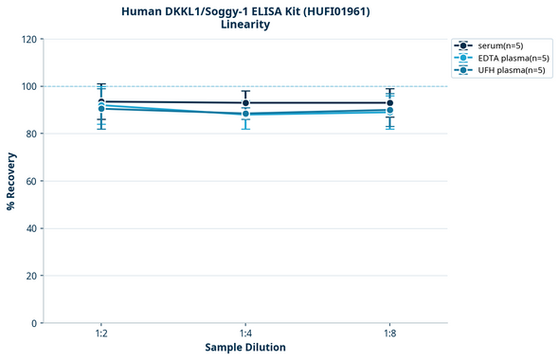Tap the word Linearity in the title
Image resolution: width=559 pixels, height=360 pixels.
tap(244, 25)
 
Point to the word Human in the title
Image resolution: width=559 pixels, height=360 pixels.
tap(142, 11)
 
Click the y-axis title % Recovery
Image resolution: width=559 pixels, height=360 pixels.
tap(11, 181)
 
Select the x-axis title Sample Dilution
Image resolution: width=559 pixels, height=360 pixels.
tap(245, 348)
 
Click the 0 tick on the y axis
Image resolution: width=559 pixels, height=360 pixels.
tap(33, 323)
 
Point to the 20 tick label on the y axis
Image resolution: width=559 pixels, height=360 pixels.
tap(30, 276)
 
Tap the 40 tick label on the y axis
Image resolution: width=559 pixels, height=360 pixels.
tap(30, 228)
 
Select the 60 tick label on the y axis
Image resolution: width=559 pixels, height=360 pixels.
tap(30, 181)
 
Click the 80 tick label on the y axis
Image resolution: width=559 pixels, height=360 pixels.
tap(30, 134)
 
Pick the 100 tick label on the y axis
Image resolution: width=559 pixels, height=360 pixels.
tap(28, 86)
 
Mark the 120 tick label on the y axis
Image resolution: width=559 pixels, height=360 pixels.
tap(28, 39)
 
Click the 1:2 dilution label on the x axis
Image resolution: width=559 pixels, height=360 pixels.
tap(101, 334)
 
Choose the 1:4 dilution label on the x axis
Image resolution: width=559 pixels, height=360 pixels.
tap(245, 334)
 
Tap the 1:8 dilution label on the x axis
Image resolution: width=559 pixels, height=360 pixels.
tap(389, 334)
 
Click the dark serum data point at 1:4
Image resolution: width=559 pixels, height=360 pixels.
tap(245, 103)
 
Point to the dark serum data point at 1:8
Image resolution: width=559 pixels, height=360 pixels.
tap(389, 103)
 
